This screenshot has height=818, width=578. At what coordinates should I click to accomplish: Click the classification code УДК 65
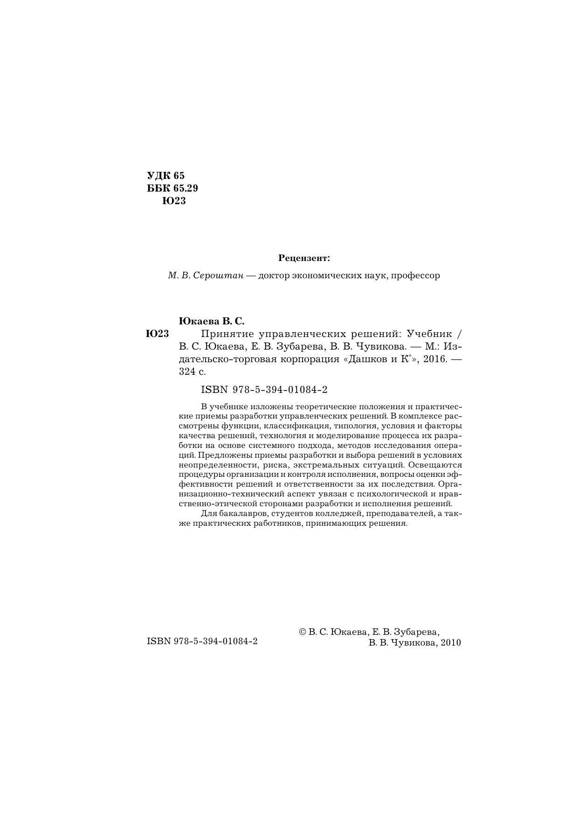point(166,176)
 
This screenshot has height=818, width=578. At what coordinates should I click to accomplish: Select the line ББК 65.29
point(172,188)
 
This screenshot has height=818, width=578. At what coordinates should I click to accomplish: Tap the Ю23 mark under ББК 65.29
point(174,201)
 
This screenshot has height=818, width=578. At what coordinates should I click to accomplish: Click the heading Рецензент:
point(304,258)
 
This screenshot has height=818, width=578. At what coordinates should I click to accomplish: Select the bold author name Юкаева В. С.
point(212,321)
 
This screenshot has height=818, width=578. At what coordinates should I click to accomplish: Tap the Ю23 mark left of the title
point(157,334)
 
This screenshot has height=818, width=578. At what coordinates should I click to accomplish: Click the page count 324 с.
point(192,372)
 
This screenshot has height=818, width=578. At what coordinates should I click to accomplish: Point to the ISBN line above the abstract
point(264,390)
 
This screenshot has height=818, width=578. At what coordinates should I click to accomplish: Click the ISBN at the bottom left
point(202,641)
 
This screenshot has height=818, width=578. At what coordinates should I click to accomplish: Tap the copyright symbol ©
point(302,632)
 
